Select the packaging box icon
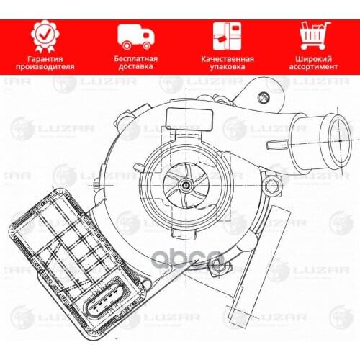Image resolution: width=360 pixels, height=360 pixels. click(224, 34)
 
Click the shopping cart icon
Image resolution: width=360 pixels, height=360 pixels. click(315, 34)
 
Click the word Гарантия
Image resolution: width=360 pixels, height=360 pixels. click(44, 57)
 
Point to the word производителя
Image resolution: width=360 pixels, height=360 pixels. click(44, 66)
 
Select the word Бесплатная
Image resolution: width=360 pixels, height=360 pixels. click(135, 57)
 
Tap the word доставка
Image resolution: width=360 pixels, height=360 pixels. click(135, 66)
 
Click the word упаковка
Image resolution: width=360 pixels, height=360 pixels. click(224, 66)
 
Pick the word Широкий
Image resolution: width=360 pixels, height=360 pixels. click(315, 57)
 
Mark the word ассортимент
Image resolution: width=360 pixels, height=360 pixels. click(315, 66)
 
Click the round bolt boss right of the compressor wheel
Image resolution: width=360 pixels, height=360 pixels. click(271, 187)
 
